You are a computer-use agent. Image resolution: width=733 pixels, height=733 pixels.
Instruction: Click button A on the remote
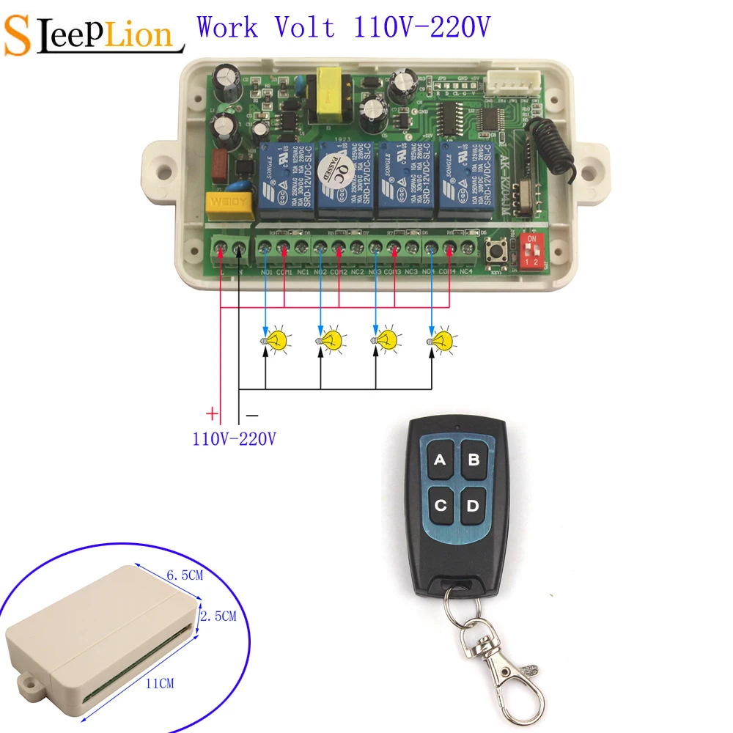[441, 460]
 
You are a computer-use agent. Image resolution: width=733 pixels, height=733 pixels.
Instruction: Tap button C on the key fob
[441, 506]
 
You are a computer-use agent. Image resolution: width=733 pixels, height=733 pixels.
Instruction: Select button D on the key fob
[473, 506]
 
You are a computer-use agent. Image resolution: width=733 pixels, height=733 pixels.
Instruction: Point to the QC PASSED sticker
[338, 176]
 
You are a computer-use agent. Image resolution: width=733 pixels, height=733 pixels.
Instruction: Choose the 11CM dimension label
[159, 683]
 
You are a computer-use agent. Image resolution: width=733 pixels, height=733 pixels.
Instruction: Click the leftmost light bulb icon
[276, 339]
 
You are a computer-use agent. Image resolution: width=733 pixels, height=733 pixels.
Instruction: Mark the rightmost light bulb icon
[441, 339]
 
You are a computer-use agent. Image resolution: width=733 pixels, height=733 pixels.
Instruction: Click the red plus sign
[212, 414]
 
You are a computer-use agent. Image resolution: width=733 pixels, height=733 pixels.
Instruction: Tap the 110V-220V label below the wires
[235, 439]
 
